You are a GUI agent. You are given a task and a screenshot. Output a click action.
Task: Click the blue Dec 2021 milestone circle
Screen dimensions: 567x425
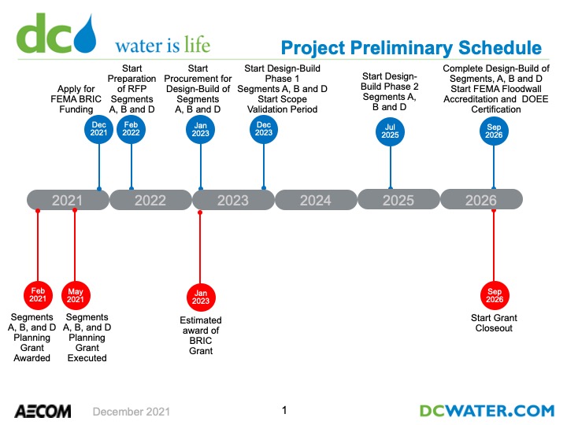98,129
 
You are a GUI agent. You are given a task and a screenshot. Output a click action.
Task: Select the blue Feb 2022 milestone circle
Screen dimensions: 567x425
131,129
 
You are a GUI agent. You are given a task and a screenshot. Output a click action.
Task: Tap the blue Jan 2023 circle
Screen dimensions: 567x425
200,130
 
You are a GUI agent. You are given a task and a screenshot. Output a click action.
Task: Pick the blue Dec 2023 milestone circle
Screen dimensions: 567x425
264,129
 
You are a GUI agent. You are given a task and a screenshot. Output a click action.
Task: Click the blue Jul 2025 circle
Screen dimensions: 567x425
390,131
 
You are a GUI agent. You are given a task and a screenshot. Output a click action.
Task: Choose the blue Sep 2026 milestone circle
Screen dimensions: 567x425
494,131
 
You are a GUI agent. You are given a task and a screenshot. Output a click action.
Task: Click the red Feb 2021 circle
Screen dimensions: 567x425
38,295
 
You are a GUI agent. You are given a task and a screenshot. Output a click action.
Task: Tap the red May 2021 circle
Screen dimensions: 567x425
76,296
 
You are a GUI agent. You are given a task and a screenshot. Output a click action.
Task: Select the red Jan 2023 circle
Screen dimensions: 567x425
201,297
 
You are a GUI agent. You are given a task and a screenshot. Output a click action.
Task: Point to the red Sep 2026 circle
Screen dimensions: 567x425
495,296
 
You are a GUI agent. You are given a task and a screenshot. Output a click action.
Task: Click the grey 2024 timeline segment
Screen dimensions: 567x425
316,200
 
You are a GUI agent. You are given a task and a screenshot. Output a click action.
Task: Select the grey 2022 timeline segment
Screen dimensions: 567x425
150,200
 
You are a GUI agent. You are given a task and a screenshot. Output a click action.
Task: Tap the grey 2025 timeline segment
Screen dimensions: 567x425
398,199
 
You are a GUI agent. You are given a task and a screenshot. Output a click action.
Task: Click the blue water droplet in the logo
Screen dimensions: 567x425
85,35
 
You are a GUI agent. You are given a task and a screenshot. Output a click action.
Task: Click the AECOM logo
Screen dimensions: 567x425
43,412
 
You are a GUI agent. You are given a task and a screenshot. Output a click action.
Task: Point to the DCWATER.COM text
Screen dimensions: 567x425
487,411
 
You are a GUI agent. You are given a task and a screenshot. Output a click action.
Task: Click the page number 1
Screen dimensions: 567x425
284,410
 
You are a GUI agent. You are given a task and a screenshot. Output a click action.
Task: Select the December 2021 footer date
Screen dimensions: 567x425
132,412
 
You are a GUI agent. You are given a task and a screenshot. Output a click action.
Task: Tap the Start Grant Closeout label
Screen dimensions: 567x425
494,323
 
